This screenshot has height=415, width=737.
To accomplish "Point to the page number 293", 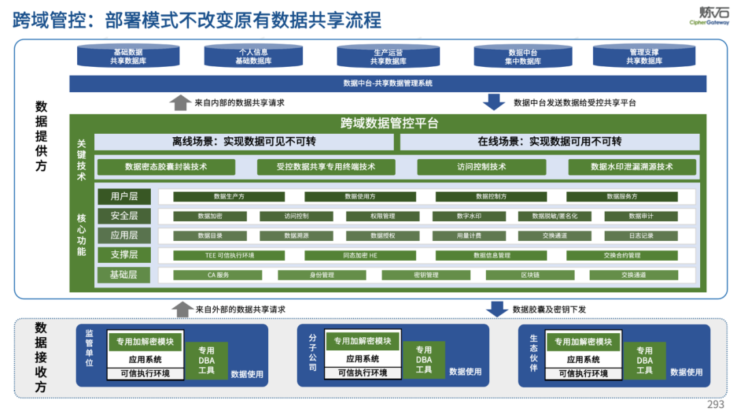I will (x=715, y=404).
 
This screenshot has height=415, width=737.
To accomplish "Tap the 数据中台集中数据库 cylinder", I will (x=524, y=57).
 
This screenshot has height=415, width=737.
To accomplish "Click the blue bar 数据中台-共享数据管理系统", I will (x=388, y=83).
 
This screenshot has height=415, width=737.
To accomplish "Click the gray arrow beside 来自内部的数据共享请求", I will (x=180, y=102).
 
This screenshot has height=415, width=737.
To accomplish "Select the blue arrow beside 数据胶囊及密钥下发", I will (x=496, y=309).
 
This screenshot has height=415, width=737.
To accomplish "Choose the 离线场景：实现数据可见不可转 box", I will (x=244, y=142).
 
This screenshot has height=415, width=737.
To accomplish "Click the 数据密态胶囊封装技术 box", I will (x=166, y=167).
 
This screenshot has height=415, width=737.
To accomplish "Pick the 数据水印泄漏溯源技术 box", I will (x=632, y=167).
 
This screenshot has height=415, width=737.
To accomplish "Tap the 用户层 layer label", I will (x=124, y=197).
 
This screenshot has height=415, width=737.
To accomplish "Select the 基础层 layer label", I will (x=124, y=275).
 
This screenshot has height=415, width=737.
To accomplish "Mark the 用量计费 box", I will (x=469, y=235).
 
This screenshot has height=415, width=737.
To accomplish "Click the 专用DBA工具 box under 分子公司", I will (x=424, y=360).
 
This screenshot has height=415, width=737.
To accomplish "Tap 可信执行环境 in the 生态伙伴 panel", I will (x=583, y=373).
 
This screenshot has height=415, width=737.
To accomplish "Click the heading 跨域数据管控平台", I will (x=389, y=124).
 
